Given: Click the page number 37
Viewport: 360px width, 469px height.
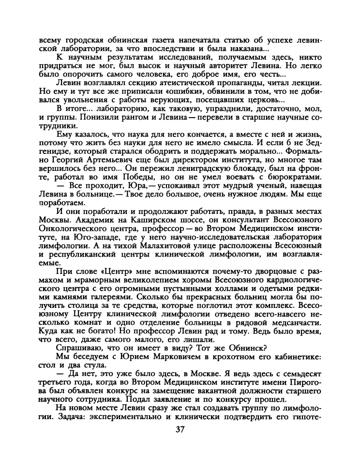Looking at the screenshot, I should (180, 430).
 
